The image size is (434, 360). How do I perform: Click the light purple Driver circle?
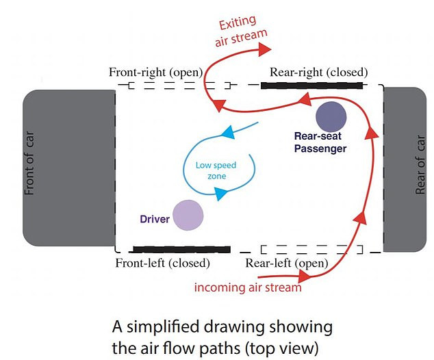click(x=188, y=215)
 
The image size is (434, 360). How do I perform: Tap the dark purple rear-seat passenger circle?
click(x=331, y=117)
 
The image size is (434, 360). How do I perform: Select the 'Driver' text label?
click(x=154, y=219)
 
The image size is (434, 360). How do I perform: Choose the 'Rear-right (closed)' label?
click(x=319, y=71)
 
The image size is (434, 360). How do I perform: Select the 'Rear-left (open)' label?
click(x=289, y=263)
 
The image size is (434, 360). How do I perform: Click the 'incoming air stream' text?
click(x=248, y=287)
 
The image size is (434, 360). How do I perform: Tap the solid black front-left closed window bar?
click(x=181, y=249)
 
